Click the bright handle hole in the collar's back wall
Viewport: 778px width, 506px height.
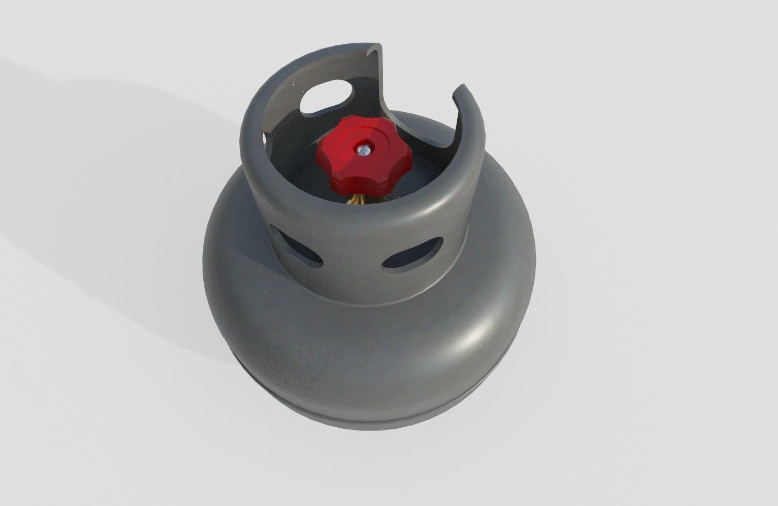pos(325,95)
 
